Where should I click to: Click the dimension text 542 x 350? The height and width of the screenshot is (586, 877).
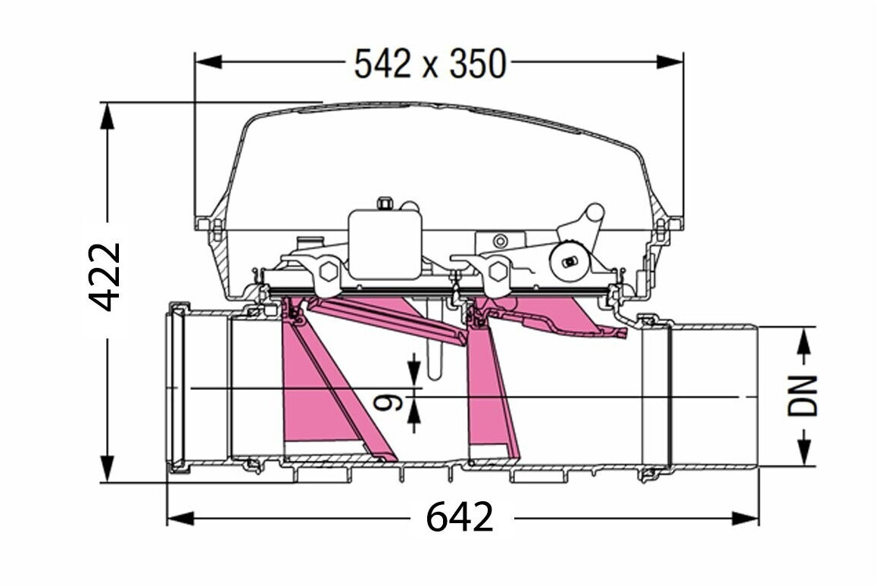(430, 63)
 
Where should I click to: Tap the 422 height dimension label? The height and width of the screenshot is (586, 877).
(105, 276)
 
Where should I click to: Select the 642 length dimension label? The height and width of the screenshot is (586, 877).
(460, 516)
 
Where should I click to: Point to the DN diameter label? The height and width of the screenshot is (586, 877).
(803, 395)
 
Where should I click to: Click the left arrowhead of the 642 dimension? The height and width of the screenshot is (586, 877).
(181, 519)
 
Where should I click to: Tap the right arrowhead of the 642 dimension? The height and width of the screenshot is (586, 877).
(745, 519)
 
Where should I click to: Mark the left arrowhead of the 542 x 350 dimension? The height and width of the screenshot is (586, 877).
(208, 61)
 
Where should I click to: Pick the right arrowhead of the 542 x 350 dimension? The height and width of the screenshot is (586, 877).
(669, 61)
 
